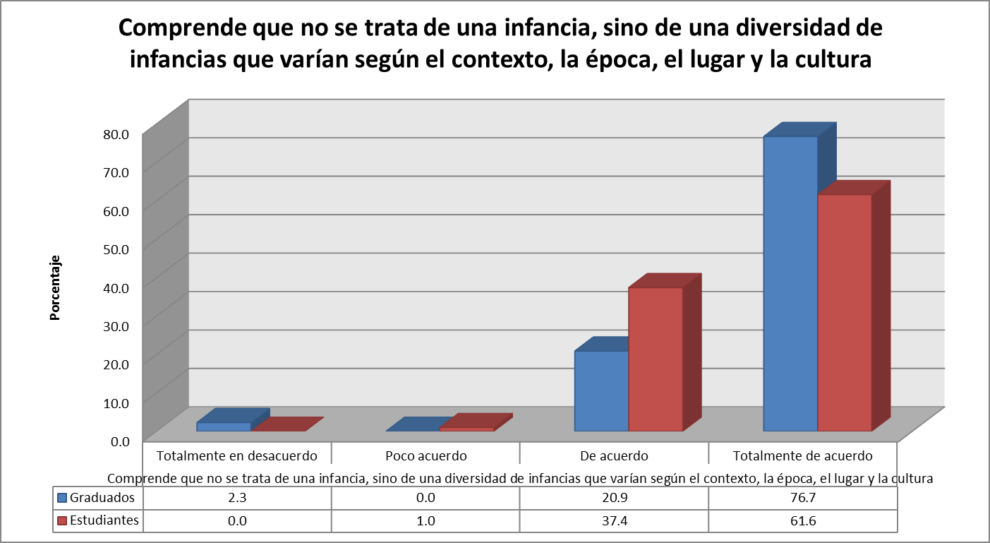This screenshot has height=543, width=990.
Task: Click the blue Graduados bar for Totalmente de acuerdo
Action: (790, 282)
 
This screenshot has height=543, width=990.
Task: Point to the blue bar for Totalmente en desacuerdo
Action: (224, 426)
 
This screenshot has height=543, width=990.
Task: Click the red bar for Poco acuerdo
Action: (466, 429)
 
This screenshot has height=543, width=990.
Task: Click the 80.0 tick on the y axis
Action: (116, 133)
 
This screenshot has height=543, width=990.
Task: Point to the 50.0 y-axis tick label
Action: (116, 249)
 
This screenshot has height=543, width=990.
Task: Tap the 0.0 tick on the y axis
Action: (119, 441)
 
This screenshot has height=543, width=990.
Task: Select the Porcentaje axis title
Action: (54, 288)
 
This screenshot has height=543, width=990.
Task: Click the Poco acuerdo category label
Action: (425, 455)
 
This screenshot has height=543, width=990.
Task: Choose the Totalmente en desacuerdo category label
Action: (237, 455)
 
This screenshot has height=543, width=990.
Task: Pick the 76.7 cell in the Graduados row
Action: (803, 497)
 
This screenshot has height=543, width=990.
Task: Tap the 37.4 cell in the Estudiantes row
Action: (614, 520)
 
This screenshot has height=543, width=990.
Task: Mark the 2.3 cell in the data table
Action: (237, 497)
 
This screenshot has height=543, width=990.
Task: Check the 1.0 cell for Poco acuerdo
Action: (425, 520)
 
